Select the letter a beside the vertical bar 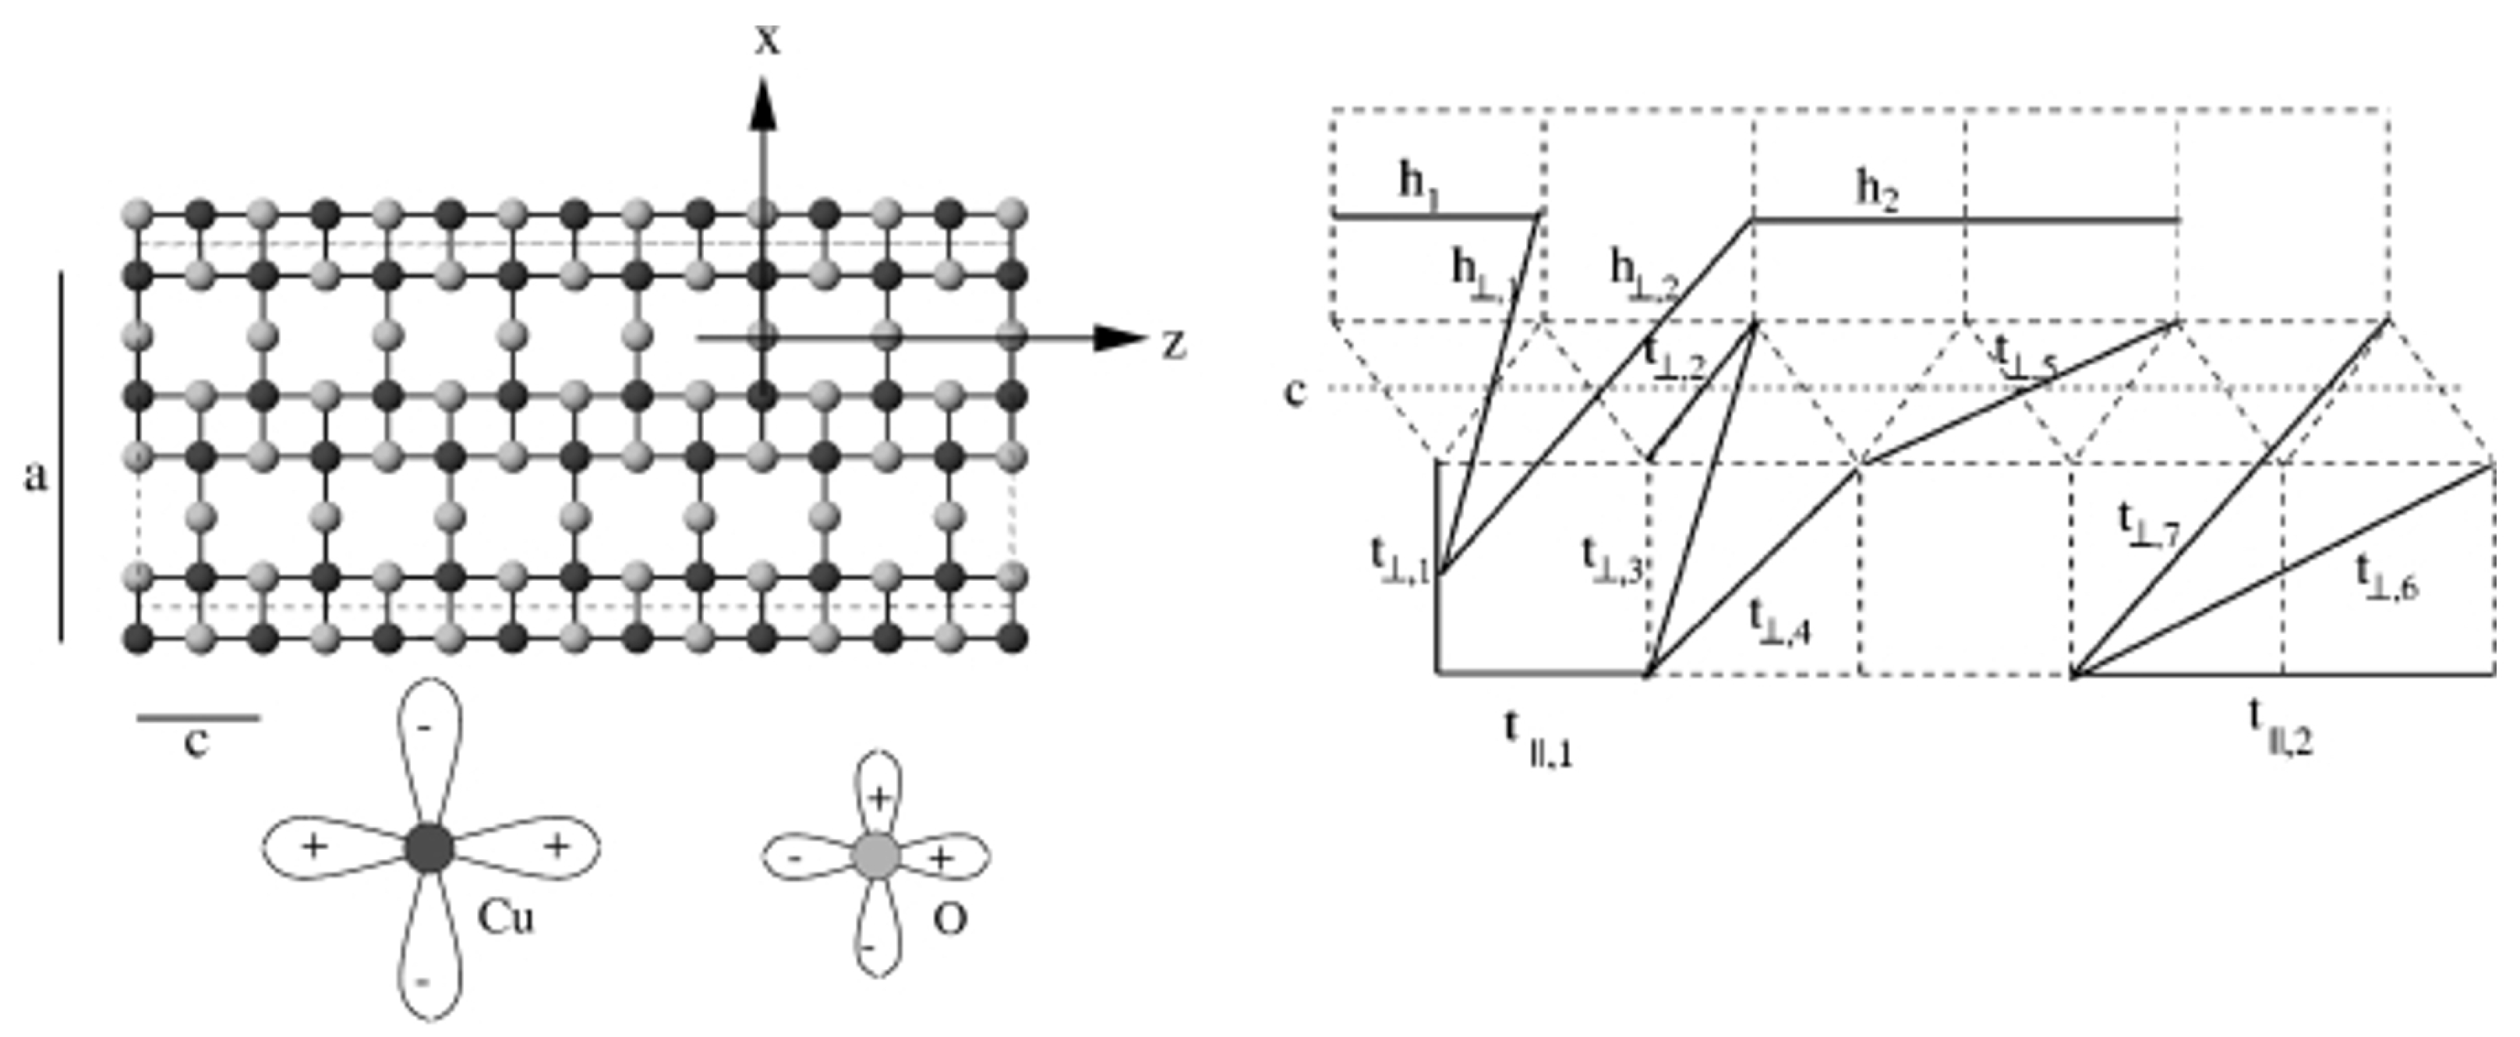(36, 477)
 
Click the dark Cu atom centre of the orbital (429, 848)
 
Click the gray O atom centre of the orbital (877, 856)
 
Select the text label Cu (506, 918)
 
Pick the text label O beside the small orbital (950, 918)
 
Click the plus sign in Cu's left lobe (313, 845)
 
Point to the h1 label (1419, 184)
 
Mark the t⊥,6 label (2386, 577)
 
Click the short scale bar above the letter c (199, 718)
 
